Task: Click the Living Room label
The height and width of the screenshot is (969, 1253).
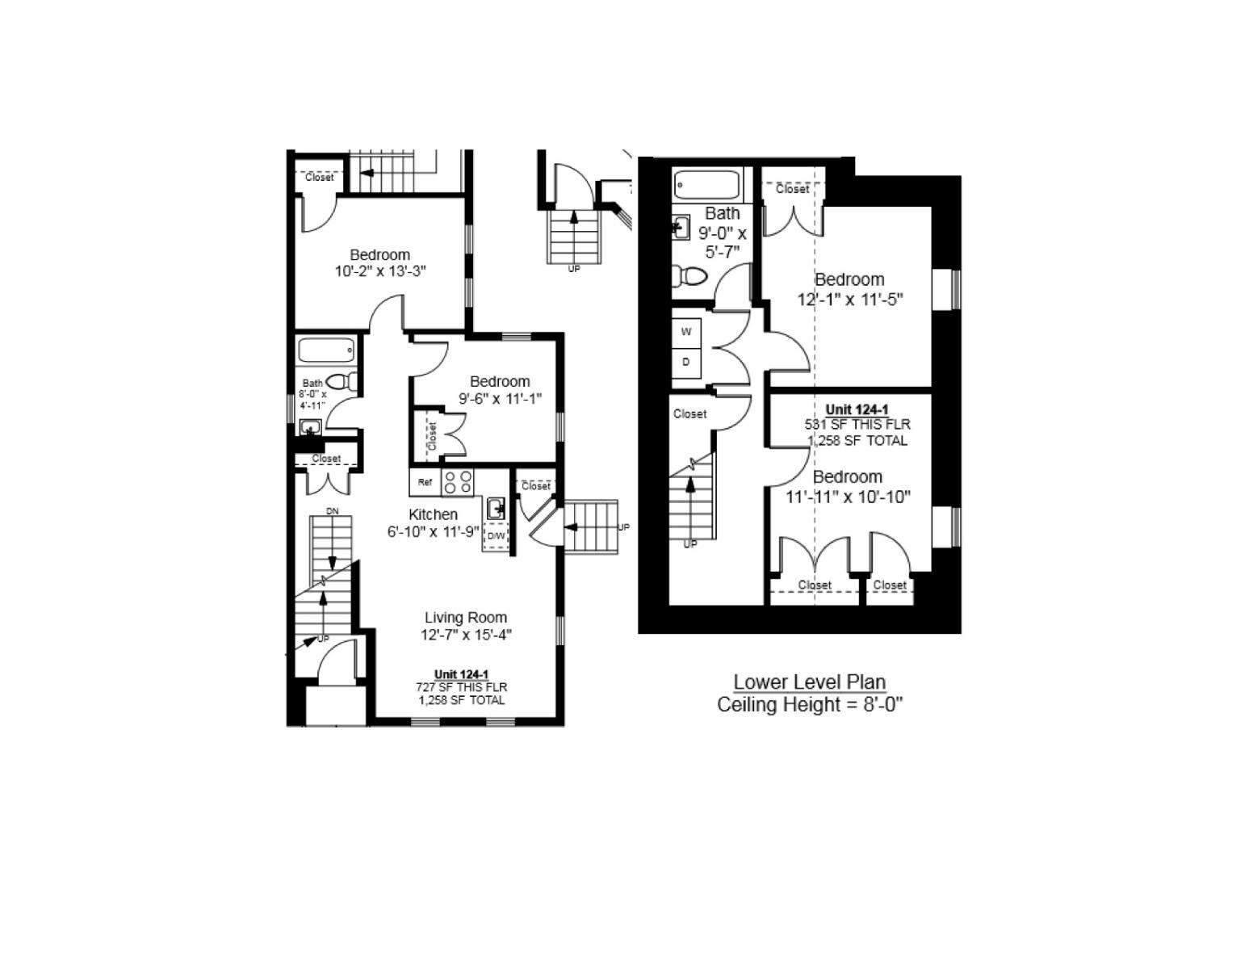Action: click(x=466, y=618)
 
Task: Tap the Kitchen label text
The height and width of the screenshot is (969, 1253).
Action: click(x=433, y=514)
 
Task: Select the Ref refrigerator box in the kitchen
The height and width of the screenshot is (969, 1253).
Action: click(x=425, y=483)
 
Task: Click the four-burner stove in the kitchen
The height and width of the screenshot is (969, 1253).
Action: click(x=458, y=482)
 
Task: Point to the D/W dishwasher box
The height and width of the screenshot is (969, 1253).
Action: click(x=496, y=535)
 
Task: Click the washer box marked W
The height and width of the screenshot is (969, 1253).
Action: click(x=686, y=332)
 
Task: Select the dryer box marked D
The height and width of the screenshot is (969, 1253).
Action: click(x=686, y=362)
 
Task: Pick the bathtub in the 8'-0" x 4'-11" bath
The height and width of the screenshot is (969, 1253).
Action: click(x=326, y=350)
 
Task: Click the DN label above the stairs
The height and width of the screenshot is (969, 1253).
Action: click(x=333, y=511)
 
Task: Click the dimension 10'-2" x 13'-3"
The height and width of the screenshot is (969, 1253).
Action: click(x=380, y=272)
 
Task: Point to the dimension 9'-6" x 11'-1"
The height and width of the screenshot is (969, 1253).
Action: click(x=501, y=399)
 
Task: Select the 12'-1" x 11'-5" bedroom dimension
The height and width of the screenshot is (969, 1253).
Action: click(x=849, y=300)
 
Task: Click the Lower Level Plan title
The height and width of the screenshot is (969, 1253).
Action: click(x=809, y=682)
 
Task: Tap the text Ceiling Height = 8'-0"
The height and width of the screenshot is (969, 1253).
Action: click(x=810, y=705)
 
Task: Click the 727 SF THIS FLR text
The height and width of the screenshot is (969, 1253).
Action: click(x=462, y=687)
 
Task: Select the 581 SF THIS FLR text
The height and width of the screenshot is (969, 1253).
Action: click(x=857, y=425)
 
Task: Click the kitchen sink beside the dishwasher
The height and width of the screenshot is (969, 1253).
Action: click(x=496, y=509)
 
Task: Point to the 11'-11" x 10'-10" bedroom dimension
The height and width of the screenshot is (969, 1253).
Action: click(x=849, y=497)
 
